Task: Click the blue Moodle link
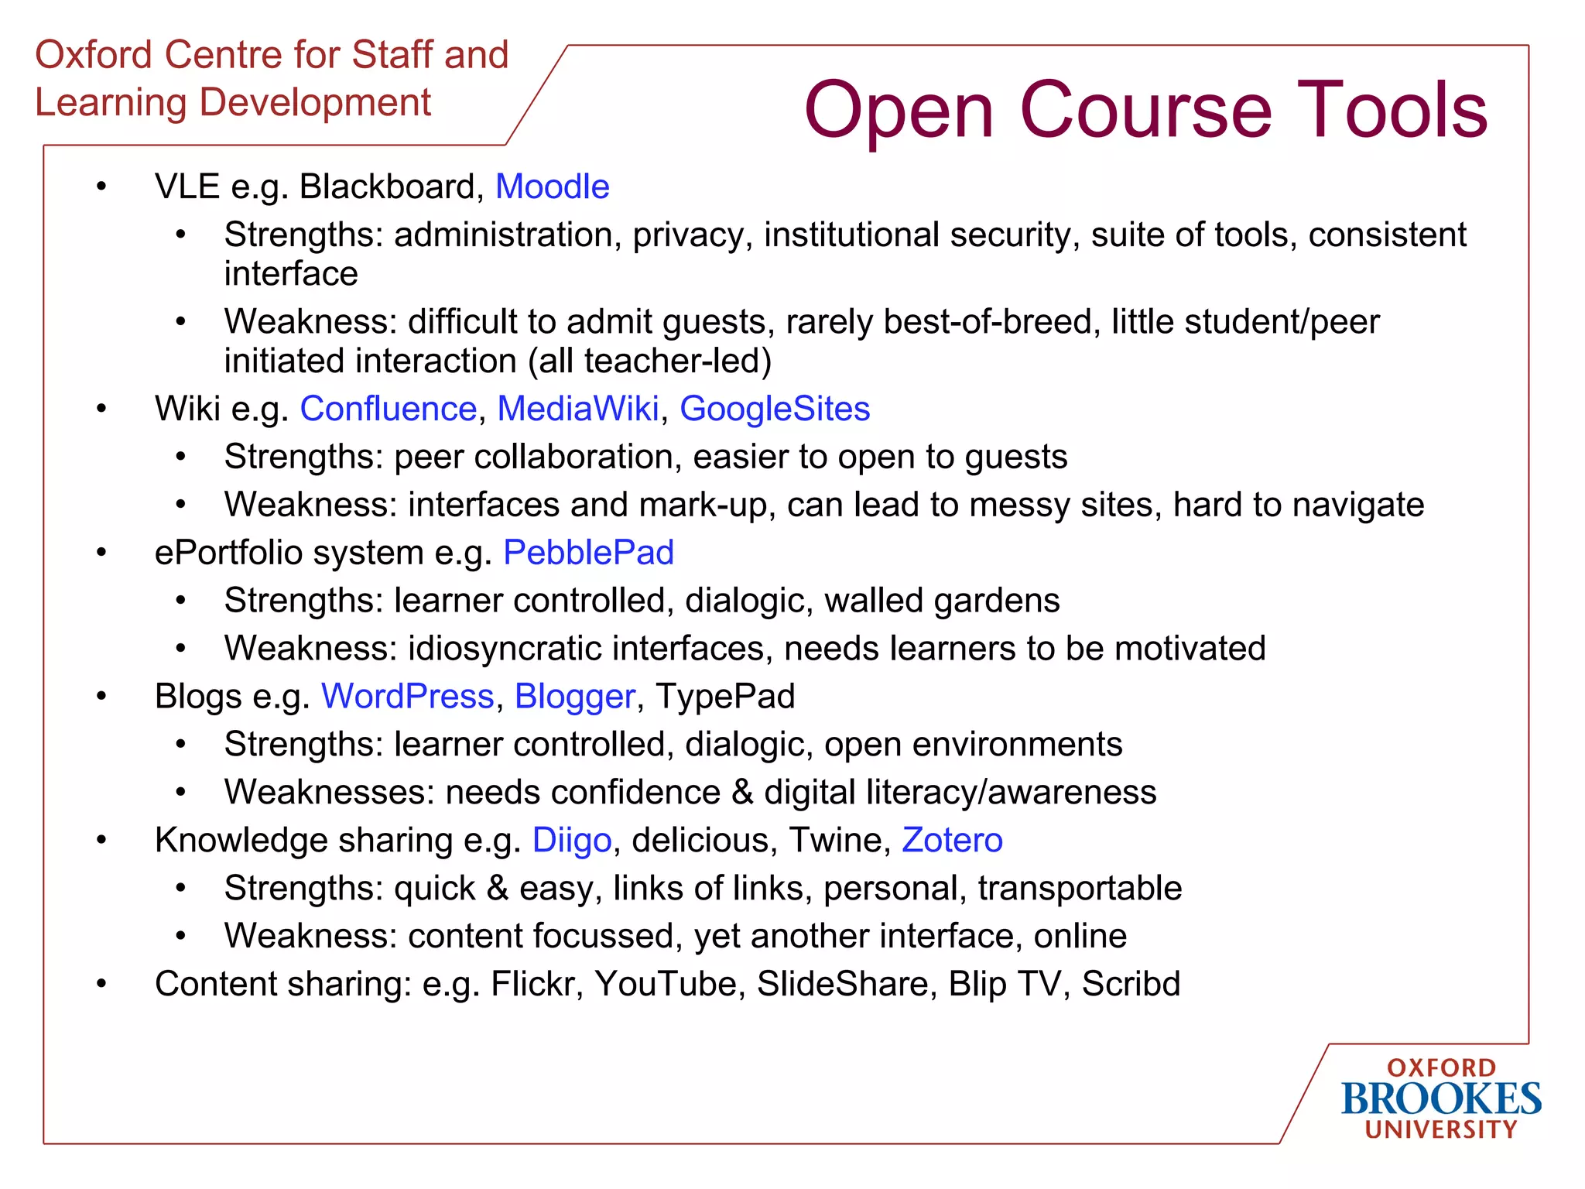click(552, 187)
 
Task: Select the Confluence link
click(388, 409)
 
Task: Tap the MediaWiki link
click(577, 409)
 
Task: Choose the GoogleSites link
click(775, 409)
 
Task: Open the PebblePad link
click(588, 553)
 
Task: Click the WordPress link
click(407, 697)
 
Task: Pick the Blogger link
click(575, 697)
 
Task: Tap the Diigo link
click(572, 841)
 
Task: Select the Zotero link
click(952, 841)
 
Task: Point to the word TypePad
click(725, 697)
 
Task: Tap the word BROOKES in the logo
click(1441, 1099)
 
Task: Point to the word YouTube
click(669, 985)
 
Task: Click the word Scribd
click(1131, 985)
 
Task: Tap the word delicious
click(700, 841)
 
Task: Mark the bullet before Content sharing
click(101, 984)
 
